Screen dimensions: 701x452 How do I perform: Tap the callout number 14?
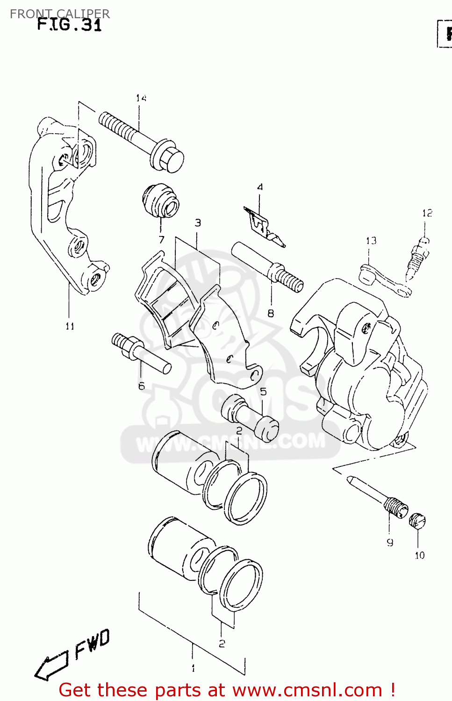coord(141,98)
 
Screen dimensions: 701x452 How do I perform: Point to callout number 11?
coord(70,326)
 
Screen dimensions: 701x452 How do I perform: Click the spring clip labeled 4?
coord(263,226)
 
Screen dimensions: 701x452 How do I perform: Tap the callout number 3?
coord(198,223)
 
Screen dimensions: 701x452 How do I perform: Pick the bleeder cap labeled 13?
coord(383,281)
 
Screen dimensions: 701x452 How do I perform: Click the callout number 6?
coord(141,386)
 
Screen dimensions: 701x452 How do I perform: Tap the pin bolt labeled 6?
coord(140,353)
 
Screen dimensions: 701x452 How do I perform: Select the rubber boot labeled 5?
coord(250,416)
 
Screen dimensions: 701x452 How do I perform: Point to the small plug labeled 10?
coord(417,521)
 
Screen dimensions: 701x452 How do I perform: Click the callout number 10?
coord(419,555)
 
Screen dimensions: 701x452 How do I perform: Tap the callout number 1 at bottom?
coord(193,668)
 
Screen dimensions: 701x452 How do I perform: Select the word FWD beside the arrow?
coord(92,644)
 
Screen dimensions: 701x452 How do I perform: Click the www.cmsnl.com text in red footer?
coord(307,690)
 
